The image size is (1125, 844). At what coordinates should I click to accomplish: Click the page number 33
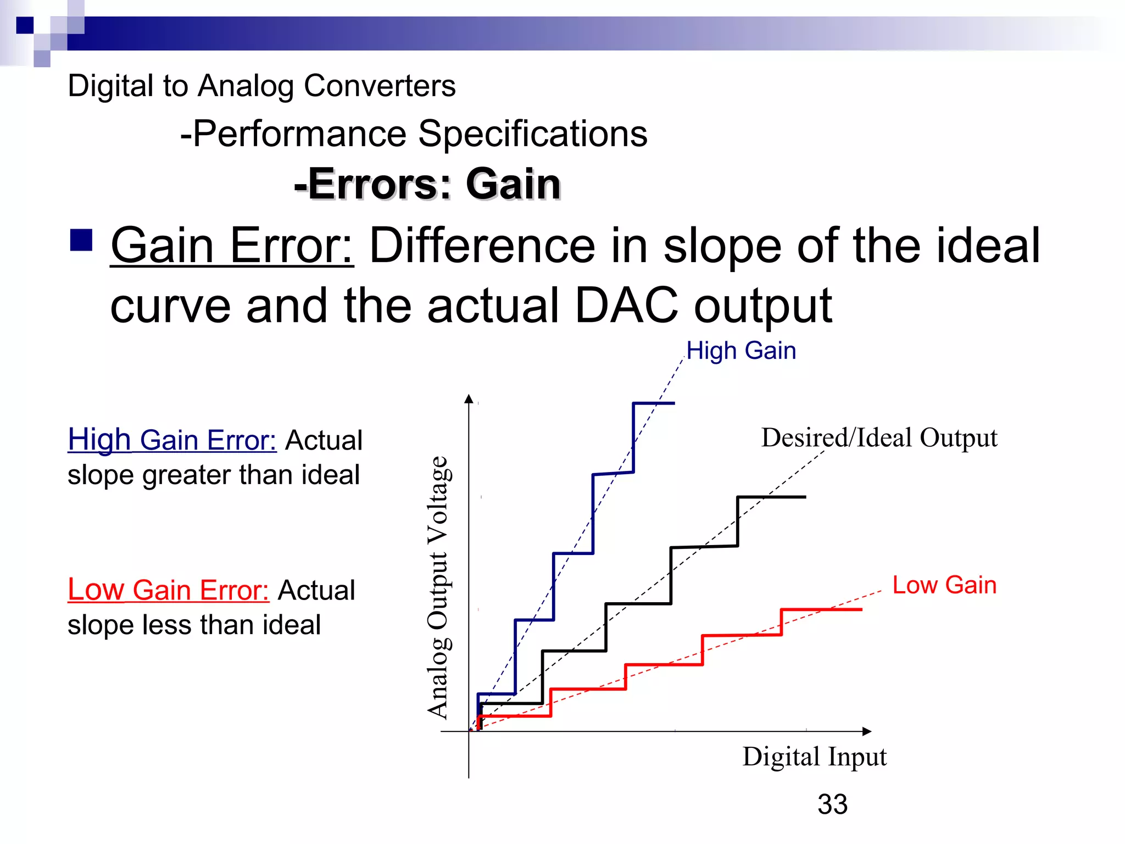click(x=832, y=804)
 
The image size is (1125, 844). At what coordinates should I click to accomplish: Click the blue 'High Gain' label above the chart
click(x=741, y=351)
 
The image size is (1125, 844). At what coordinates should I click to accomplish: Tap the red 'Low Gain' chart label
click(x=944, y=585)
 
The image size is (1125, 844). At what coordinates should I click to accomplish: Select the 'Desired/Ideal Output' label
click(x=879, y=438)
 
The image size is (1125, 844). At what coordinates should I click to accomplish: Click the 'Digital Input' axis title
click(x=814, y=757)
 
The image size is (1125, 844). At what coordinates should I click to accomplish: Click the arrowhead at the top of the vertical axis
click(x=469, y=399)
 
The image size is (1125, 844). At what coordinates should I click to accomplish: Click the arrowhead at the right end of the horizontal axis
click(x=867, y=731)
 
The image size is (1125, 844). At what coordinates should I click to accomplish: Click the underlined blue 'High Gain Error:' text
click(x=172, y=440)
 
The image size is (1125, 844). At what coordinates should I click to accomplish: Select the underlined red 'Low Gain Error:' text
click(x=168, y=590)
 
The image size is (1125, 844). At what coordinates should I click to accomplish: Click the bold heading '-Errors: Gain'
click(x=427, y=184)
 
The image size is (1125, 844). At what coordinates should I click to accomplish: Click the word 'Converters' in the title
click(x=380, y=86)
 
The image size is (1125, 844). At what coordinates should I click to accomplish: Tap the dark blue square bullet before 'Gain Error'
click(x=81, y=240)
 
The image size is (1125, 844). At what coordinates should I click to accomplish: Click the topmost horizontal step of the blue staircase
click(x=654, y=403)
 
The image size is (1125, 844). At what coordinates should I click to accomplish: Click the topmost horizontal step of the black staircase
click(x=771, y=497)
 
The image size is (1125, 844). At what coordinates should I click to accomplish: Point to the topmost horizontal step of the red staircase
click(x=821, y=609)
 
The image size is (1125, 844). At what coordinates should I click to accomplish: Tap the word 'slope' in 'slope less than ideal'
click(x=101, y=625)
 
